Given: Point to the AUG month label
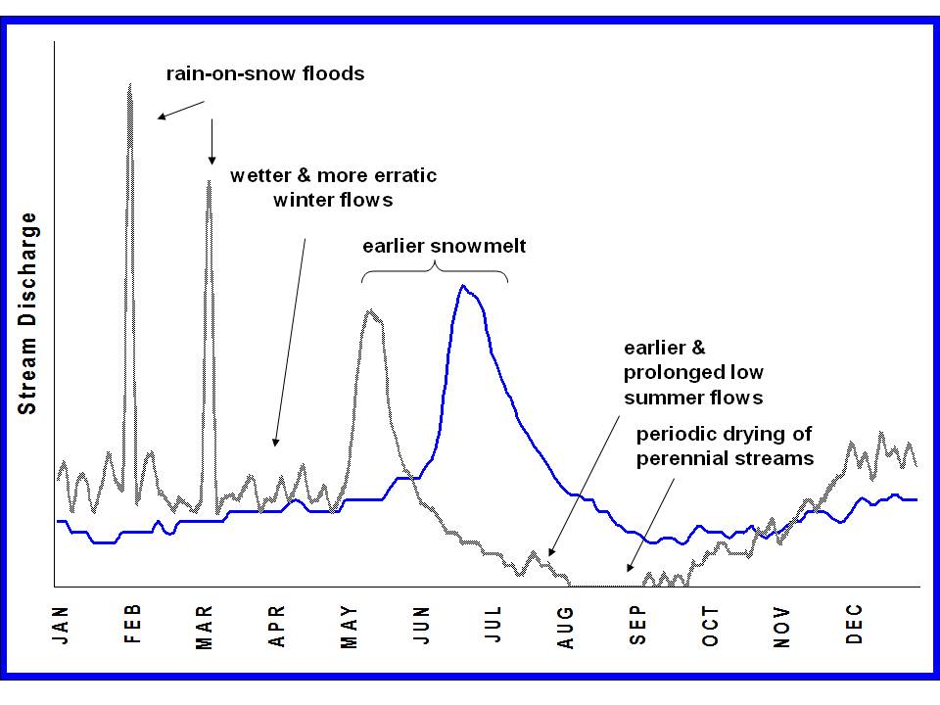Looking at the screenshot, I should point(566,627).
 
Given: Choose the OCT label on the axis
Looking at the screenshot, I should point(710,627).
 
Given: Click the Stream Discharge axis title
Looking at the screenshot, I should point(29,313).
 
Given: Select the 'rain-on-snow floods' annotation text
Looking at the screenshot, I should point(264,73).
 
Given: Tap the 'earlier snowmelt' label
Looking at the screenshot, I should point(444,246).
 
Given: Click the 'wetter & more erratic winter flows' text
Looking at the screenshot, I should point(333,187).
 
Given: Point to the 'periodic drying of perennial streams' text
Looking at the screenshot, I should point(725,446).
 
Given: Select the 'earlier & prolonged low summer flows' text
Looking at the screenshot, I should point(693,372).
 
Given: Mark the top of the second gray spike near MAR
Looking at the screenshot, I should point(208,180).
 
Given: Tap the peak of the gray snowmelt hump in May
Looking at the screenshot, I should point(370,311).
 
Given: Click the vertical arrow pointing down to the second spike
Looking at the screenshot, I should point(211,142).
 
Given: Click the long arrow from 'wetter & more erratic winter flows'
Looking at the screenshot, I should point(291,343).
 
